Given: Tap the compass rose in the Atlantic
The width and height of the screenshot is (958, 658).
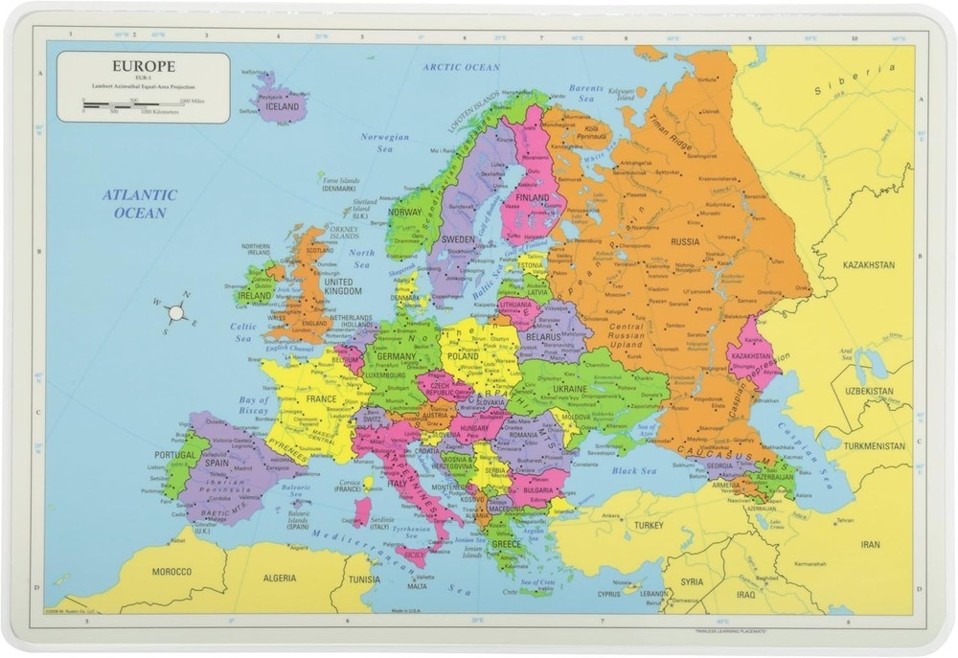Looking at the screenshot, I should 175,312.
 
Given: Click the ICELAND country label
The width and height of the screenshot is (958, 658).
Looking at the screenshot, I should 284,107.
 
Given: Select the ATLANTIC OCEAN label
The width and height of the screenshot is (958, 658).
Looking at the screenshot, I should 141,203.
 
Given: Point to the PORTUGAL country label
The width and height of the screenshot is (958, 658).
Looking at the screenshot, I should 175,455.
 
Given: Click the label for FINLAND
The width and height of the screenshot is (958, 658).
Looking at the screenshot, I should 533,198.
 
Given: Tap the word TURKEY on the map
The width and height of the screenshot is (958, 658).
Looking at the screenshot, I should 648,526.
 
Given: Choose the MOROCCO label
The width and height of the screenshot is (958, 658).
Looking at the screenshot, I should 172,572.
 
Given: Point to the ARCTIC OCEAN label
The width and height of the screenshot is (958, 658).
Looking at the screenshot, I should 462,68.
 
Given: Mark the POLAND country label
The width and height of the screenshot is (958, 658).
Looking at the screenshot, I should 464,355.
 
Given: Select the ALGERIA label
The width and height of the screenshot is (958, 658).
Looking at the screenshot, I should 280,579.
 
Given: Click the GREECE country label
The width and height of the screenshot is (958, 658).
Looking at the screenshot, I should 506,544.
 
